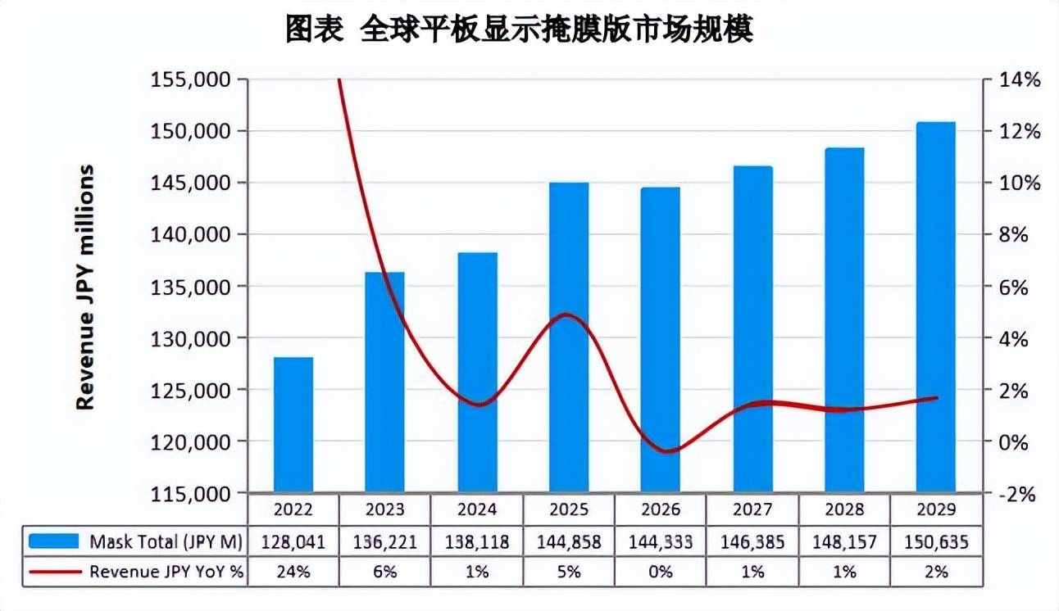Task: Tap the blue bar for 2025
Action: tap(569, 337)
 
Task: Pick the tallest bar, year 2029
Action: tap(936, 307)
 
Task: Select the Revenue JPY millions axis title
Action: tap(85, 287)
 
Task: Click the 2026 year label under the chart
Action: tap(661, 509)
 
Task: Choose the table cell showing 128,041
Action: tap(293, 541)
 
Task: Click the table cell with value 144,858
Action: tap(569, 541)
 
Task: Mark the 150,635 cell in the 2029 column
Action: tap(936, 541)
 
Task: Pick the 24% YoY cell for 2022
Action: tap(293, 572)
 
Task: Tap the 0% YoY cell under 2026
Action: tap(661, 572)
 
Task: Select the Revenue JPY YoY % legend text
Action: tap(166, 572)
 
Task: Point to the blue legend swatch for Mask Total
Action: tap(54, 541)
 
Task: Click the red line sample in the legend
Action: tap(54, 572)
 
